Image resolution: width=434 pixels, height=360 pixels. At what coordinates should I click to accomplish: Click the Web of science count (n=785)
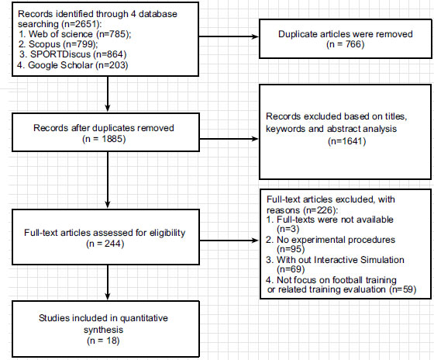coord(114,34)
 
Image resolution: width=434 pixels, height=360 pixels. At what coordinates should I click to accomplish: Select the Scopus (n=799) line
coord(58,44)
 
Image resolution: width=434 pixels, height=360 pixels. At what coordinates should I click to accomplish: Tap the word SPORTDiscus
coord(60,54)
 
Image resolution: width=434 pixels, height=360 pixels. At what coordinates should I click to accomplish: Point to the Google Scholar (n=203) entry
coord(73,65)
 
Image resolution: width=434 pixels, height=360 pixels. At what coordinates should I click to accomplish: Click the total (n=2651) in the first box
coord(81,24)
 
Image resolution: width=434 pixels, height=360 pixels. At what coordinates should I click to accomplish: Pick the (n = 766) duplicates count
coord(346,44)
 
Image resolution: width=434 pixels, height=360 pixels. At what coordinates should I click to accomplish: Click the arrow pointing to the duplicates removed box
coord(229,36)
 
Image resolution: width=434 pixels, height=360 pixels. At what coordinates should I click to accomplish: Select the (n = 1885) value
coord(104,139)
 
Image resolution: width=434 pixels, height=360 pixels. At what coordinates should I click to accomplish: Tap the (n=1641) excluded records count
coord(347,141)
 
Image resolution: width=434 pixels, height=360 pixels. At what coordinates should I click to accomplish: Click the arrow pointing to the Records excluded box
coord(229,139)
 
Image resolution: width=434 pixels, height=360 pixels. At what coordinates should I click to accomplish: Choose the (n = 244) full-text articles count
coord(105,244)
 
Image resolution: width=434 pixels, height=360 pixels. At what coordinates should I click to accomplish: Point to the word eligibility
coord(167,233)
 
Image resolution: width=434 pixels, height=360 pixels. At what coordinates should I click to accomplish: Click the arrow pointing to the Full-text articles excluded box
coord(229,241)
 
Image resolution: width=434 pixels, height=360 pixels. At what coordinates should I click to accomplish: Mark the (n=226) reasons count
coord(320,209)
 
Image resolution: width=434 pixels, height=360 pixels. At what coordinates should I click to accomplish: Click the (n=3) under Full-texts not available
coord(288,229)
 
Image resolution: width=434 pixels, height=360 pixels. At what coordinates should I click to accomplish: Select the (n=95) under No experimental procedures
coord(291,249)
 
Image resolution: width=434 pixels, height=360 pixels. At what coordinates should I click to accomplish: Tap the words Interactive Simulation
coord(359,260)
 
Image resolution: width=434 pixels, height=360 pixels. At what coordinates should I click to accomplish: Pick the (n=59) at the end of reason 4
coord(403,289)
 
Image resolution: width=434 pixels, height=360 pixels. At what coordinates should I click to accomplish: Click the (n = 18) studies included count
coord(103,341)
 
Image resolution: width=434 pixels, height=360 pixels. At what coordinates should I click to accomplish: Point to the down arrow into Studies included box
coord(108,282)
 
